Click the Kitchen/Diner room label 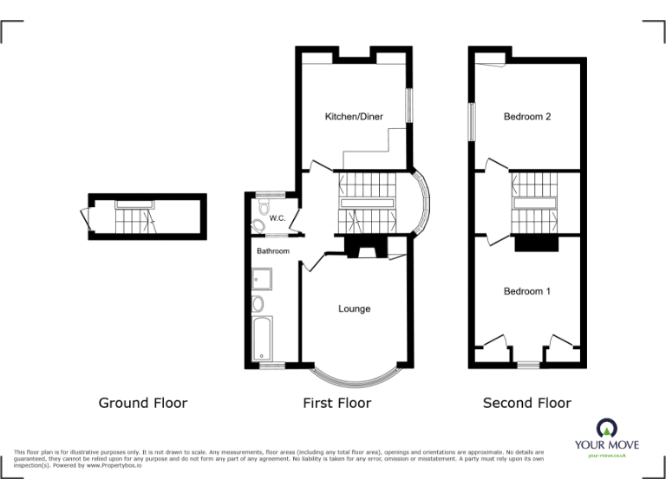[x=354, y=117]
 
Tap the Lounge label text [x=354, y=309]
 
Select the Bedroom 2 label [x=527, y=117]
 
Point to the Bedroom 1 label [x=527, y=292]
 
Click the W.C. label [x=277, y=218]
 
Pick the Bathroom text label [x=272, y=251]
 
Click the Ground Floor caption [x=142, y=403]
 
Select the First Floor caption [x=336, y=403]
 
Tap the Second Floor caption [x=526, y=403]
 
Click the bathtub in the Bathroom [x=261, y=339]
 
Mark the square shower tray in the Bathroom [x=261, y=279]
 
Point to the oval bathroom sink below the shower [x=258, y=304]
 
